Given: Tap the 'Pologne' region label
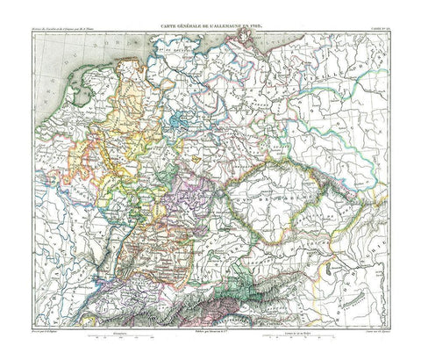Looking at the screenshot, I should (351, 132).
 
